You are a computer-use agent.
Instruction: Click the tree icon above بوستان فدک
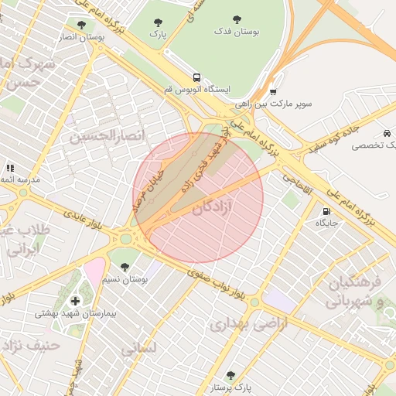pyautogui.click(x=237, y=20)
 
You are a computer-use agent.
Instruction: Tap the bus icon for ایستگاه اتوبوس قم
pyautogui.click(x=197, y=77)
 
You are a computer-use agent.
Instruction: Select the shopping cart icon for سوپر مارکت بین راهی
pyautogui.click(x=273, y=91)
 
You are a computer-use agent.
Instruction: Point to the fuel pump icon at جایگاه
pyautogui.click(x=326, y=210)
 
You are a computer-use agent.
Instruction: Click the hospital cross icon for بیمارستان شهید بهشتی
pyautogui.click(x=74, y=301)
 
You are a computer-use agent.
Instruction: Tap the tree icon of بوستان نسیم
pyautogui.click(x=125, y=266)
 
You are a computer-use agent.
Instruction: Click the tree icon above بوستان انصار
pyautogui.click(x=81, y=25)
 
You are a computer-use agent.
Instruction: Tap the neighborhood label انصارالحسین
pyautogui.click(x=108, y=138)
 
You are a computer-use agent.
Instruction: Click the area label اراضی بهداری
pyautogui.click(x=248, y=324)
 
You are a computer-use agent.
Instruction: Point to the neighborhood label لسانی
pyautogui.click(x=138, y=349)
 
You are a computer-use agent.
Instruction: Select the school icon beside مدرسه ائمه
pyautogui.click(x=10, y=168)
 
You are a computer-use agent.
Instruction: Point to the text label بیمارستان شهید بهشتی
pyautogui.click(x=75, y=314)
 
